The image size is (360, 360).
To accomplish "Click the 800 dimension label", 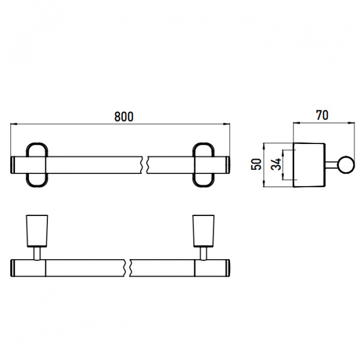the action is pos(124,116).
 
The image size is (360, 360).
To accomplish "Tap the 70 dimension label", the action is pos(322,115).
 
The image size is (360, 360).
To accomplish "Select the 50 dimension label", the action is pos(256,164).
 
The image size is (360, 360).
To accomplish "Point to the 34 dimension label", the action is pos(276,164).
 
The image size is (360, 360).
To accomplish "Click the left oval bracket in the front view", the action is pos(28,165).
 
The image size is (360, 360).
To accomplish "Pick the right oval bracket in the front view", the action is pos(194,165).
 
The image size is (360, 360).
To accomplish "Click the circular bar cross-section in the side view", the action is pos(346,165).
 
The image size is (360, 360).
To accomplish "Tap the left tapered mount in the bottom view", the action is pos(37,231).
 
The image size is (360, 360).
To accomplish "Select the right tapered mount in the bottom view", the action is pos(203,231).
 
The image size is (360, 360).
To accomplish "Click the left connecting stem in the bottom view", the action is pos(37,254).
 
